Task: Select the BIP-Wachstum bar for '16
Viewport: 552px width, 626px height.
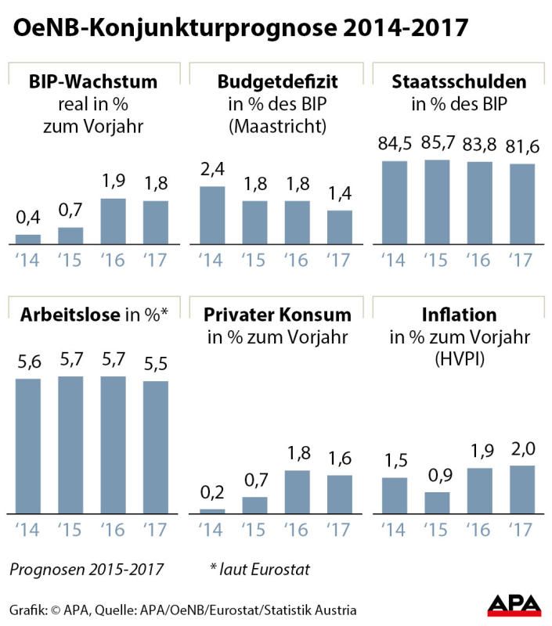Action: (114, 222)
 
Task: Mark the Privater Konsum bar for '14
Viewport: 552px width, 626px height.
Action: (211, 512)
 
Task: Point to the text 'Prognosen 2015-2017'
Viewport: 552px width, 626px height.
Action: (87, 569)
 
